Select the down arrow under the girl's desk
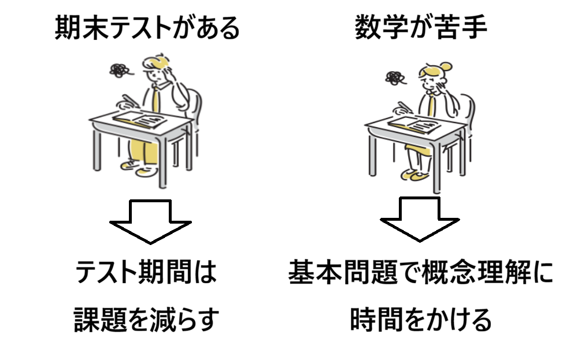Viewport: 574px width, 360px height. click(x=420, y=220)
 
